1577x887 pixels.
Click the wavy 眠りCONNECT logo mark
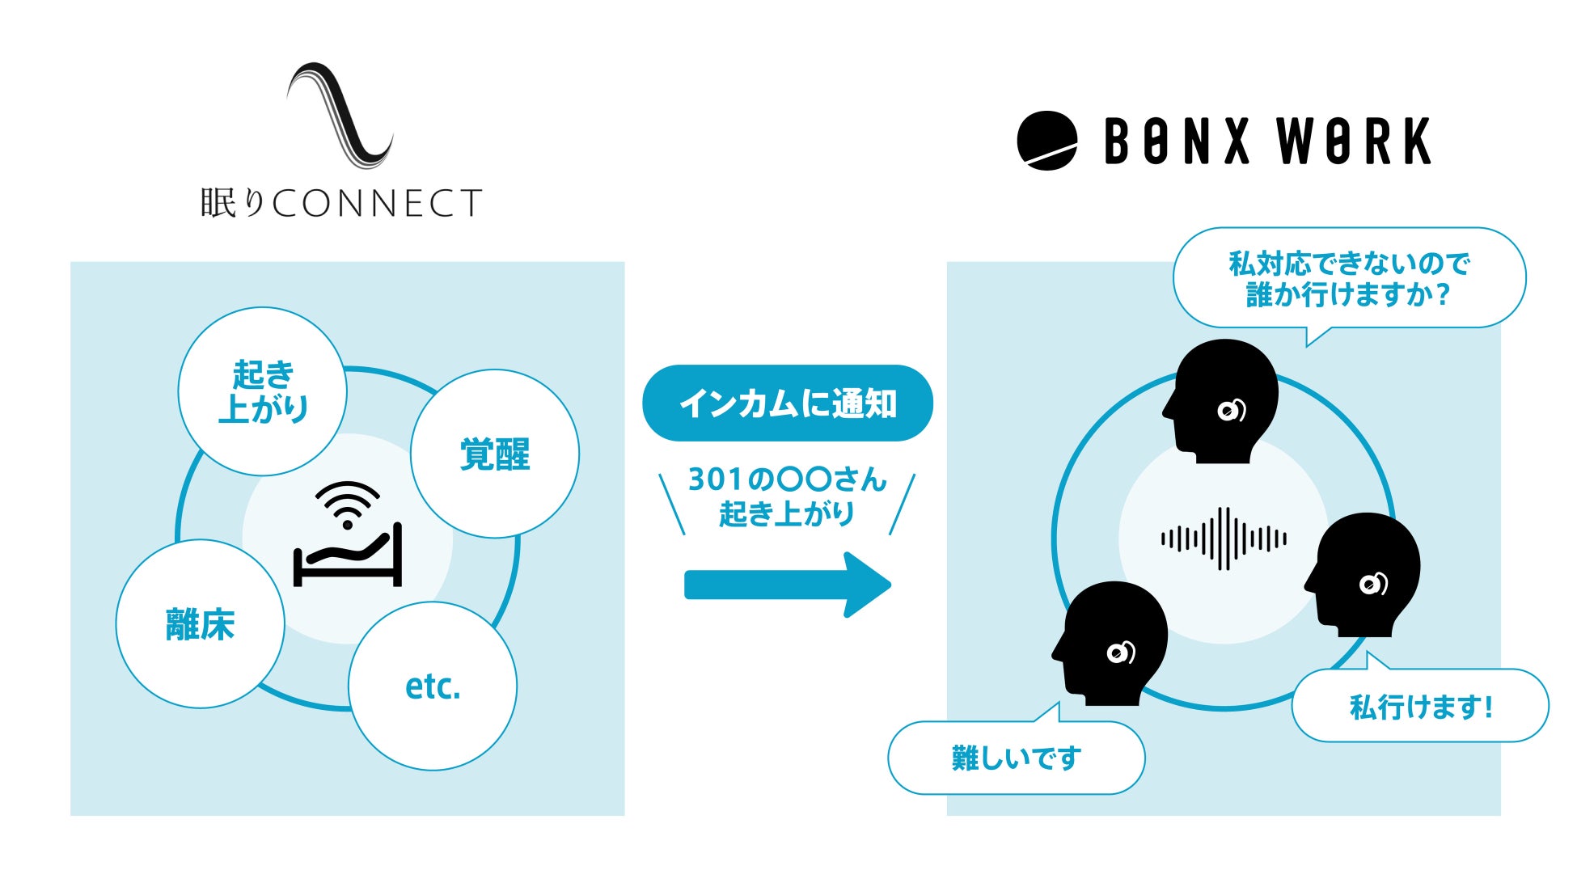(x=340, y=116)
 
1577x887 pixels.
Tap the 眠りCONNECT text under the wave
(x=340, y=203)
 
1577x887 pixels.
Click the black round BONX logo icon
(x=1046, y=141)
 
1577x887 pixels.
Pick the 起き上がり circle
(x=262, y=391)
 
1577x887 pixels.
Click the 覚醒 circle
(x=494, y=454)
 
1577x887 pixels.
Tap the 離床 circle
(x=200, y=624)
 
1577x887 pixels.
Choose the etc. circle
(x=433, y=686)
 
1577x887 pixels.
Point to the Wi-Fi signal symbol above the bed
(x=348, y=504)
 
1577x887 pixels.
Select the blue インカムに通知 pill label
(x=787, y=403)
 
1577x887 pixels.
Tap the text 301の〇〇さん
(x=787, y=479)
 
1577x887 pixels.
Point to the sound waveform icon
(x=1224, y=539)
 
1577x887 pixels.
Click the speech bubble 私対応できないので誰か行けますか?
(x=1349, y=278)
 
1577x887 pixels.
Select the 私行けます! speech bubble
(x=1420, y=706)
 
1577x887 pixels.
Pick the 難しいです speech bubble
(x=1016, y=758)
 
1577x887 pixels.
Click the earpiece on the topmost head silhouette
(x=1231, y=411)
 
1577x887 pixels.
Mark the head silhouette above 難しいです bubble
(x=1113, y=643)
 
